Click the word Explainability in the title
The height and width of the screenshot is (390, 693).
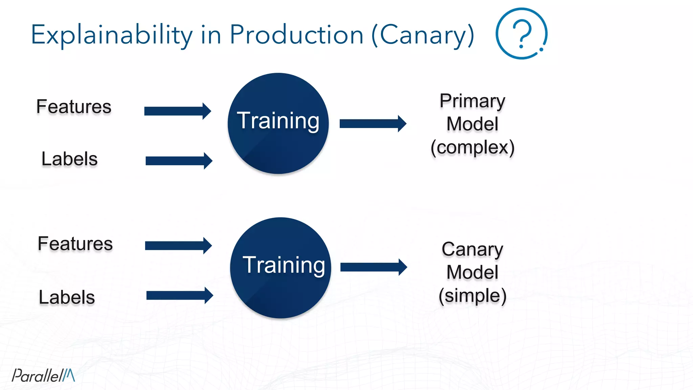(112, 35)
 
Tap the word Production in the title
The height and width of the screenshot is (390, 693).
(296, 35)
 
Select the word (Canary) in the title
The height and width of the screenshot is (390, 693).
(423, 35)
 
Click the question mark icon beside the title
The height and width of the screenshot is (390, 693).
(521, 34)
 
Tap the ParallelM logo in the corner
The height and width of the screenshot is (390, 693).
(43, 375)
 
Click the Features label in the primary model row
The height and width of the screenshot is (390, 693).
(74, 107)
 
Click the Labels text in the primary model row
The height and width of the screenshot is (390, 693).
(69, 159)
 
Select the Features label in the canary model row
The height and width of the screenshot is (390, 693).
(75, 244)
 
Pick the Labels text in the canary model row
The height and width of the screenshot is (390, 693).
(67, 297)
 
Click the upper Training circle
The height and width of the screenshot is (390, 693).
(278, 124)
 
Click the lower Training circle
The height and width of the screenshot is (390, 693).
(281, 268)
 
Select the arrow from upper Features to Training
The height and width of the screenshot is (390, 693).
(178, 111)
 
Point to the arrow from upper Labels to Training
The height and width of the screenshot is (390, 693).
(179, 161)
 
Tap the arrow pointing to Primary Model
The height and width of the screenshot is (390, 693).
(373, 124)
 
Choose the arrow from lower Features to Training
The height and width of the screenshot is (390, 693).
(178, 245)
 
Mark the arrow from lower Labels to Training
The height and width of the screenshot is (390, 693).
(180, 296)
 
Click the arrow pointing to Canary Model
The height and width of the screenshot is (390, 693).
(374, 267)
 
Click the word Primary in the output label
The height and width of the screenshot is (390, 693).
(472, 101)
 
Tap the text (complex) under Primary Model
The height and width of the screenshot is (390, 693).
(472, 147)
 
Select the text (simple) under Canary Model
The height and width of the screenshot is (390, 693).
(472, 296)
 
